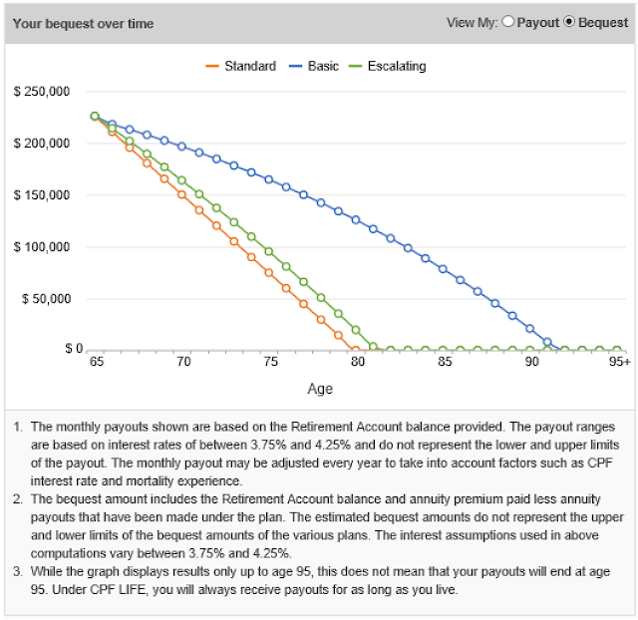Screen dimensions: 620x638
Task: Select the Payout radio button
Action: tap(508, 22)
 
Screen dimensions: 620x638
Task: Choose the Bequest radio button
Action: tap(570, 22)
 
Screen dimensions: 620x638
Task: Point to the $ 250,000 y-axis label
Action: tap(41, 92)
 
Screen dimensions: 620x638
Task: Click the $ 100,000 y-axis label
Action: tap(41, 246)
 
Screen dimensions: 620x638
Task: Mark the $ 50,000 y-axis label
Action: tap(44, 298)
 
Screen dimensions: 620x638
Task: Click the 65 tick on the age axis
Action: tap(95, 364)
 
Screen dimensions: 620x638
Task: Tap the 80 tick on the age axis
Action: tap(356, 364)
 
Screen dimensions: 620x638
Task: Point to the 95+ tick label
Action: tap(619, 364)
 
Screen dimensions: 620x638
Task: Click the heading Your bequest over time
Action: tap(83, 23)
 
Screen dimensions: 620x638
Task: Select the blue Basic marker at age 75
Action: tap(269, 179)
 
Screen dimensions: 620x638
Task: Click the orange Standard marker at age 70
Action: tap(181, 194)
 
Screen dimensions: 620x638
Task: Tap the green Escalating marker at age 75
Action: tap(269, 251)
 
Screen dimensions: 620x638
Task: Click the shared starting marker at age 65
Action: tap(95, 116)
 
